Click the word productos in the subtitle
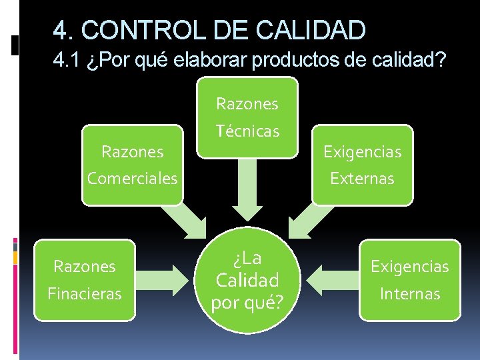coord(299,61)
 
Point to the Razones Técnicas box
coord(247,117)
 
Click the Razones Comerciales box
coord(132,165)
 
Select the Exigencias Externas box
coord(362,165)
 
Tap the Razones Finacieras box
coord(85,279)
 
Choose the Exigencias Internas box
coord(409,279)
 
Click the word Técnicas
coord(247,131)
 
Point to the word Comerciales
coord(132,179)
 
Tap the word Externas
coord(362,179)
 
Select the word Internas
coord(409,293)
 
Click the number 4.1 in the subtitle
coord(66,61)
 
